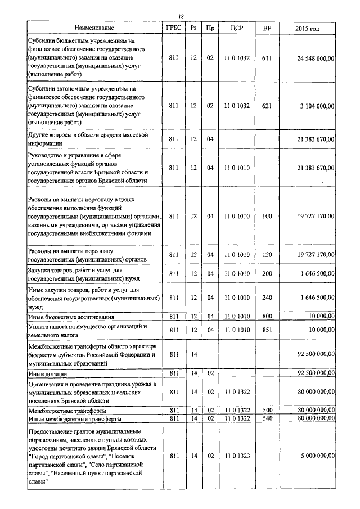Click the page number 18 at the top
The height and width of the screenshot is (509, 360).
point(181,16)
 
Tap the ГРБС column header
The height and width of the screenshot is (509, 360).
point(173,28)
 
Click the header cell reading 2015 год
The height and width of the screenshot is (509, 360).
point(307,28)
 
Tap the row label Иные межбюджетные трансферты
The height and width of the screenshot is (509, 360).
point(74,418)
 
